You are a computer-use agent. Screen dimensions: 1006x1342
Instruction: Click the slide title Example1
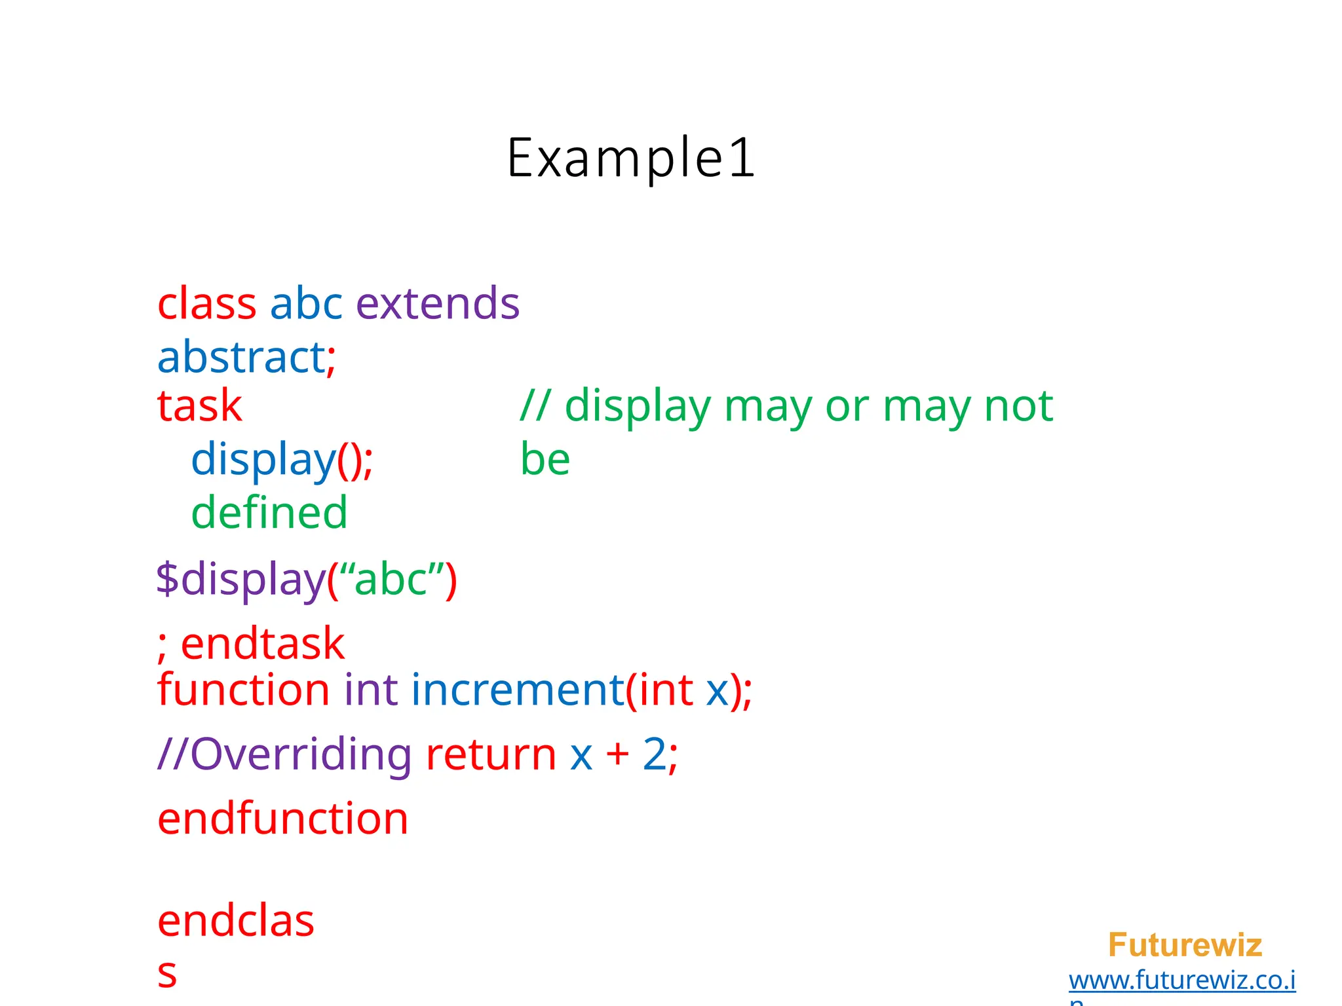(x=631, y=158)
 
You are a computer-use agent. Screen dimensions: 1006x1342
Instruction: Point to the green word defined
(x=269, y=512)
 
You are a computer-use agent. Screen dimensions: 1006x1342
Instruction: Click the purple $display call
(x=240, y=580)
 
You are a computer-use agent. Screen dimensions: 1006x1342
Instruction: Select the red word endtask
(x=262, y=644)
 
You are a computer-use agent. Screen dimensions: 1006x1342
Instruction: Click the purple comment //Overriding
(x=284, y=754)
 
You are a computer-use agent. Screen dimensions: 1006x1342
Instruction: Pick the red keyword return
(x=491, y=754)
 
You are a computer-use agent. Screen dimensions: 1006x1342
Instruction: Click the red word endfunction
(x=282, y=819)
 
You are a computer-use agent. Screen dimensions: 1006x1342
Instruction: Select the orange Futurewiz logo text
(x=1184, y=944)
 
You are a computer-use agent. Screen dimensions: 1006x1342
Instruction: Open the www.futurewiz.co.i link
(x=1181, y=980)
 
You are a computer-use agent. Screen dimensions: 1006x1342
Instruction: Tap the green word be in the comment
(x=545, y=459)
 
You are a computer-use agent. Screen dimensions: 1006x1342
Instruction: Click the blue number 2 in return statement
(x=654, y=754)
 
